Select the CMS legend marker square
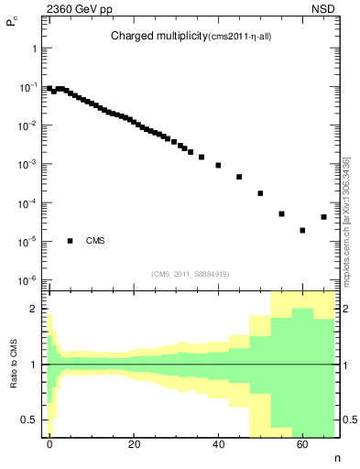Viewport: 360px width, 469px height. [x=70, y=241]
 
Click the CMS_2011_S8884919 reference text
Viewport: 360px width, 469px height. [x=190, y=273]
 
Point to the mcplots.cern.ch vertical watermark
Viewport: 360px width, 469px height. [x=345, y=220]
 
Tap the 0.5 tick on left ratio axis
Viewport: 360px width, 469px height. [x=34, y=420]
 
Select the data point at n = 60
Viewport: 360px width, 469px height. [x=302, y=230]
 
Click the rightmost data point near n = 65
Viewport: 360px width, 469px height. [x=323, y=217]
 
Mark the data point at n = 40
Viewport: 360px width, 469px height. [x=218, y=166]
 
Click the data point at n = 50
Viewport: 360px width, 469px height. [x=260, y=193]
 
